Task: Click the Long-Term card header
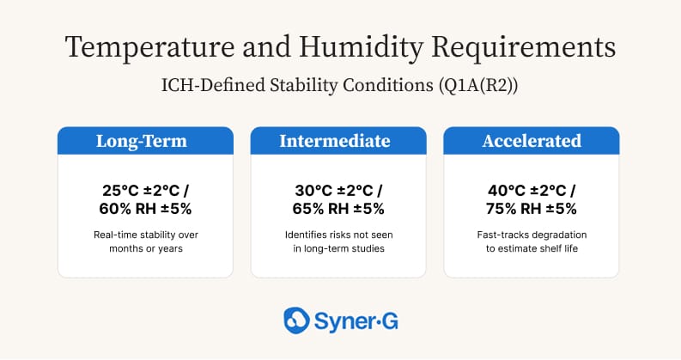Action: [145, 141]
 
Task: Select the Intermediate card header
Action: [338, 141]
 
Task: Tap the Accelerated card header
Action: [531, 141]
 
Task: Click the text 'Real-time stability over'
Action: [145, 234]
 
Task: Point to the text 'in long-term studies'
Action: [338, 248]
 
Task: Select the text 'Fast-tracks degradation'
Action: [531, 234]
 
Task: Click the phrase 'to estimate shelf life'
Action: [531, 248]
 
